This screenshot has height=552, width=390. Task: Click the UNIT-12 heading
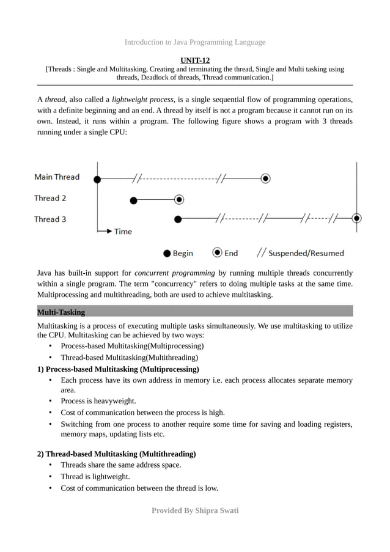(195, 60)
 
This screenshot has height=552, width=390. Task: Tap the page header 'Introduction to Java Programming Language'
(195, 42)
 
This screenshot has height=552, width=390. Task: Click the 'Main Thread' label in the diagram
(57, 177)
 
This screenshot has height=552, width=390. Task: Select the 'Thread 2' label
(50, 198)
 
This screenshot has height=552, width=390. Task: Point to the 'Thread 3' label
(50, 219)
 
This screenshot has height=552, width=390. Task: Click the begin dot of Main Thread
(97, 178)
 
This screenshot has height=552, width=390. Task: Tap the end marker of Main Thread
(265, 178)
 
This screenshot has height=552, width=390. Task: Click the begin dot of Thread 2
(133, 199)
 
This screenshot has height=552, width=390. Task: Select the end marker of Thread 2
(178, 199)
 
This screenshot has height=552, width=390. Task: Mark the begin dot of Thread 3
(178, 218)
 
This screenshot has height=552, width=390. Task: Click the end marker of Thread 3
(357, 218)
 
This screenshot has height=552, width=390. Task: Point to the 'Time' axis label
(123, 232)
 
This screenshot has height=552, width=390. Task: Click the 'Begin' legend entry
(178, 252)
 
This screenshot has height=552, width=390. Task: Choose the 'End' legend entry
(225, 252)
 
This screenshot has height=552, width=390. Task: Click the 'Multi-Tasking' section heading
(61, 312)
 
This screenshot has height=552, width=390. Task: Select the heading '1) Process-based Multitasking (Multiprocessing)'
(118, 369)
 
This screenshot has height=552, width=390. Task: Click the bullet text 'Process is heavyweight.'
(98, 401)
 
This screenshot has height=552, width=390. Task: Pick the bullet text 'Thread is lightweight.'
(95, 476)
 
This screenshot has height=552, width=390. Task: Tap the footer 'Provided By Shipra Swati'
(195, 510)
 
